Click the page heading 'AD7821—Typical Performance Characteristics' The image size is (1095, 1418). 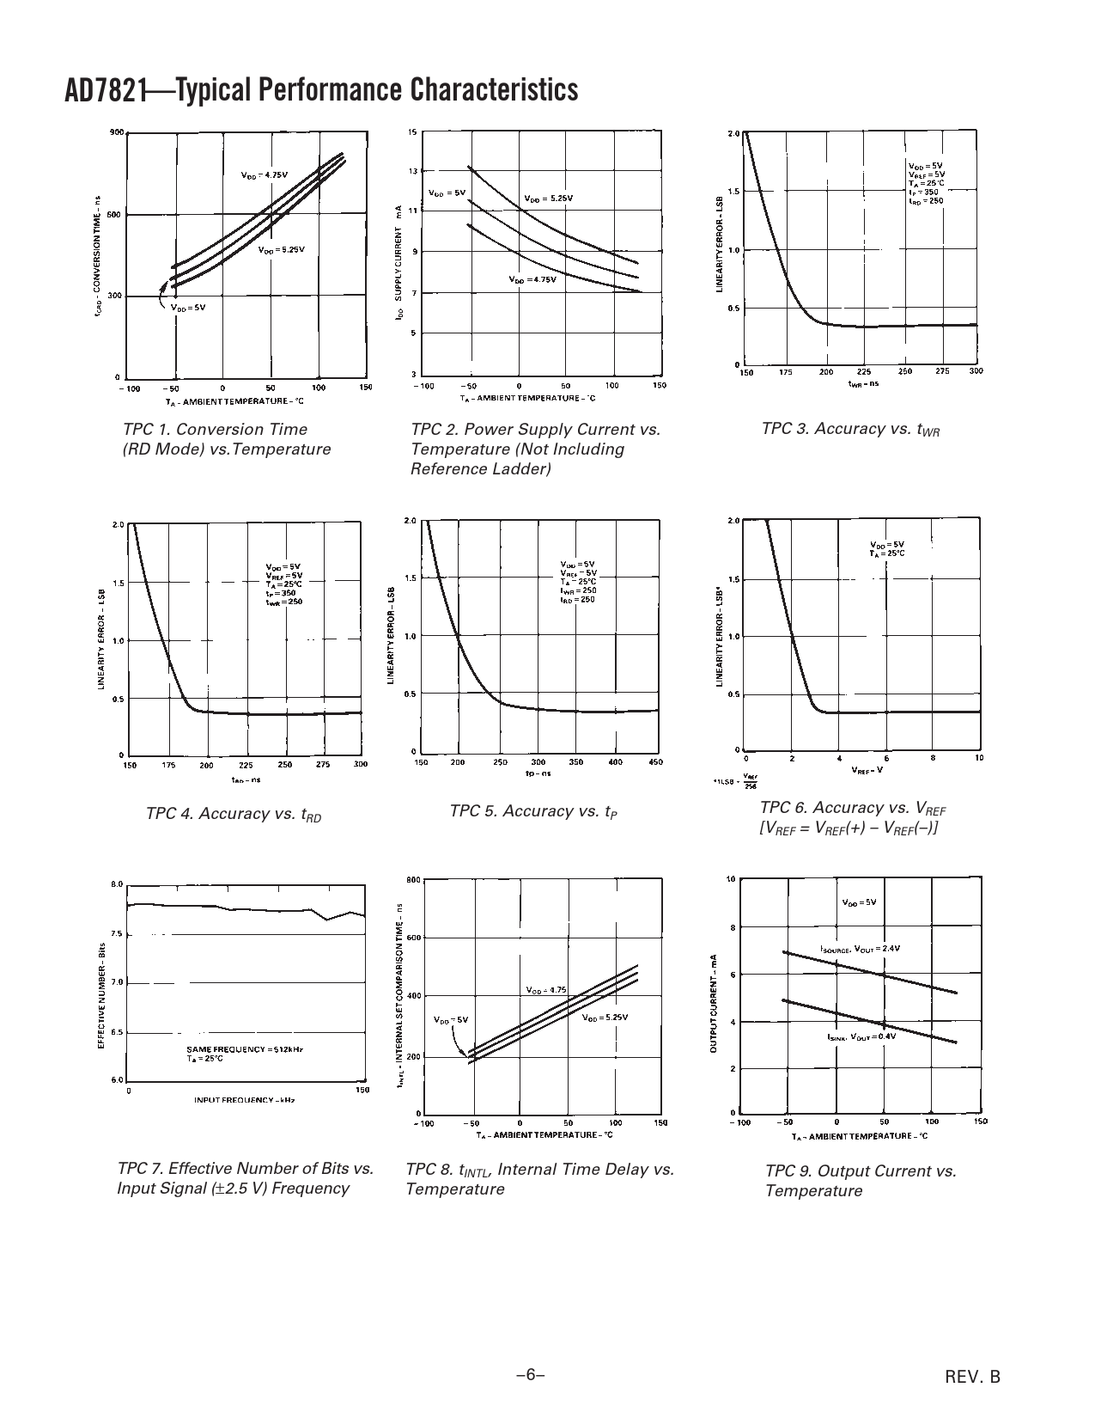[x=321, y=90]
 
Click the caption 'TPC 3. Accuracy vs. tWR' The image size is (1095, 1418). [x=849, y=429]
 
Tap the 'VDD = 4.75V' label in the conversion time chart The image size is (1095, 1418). [x=265, y=174]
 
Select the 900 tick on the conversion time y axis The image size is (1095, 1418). [x=117, y=132]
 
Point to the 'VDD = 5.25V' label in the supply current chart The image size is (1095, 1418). [x=548, y=199]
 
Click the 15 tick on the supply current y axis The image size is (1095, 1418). [x=412, y=132]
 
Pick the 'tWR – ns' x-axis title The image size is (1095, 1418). [x=863, y=383]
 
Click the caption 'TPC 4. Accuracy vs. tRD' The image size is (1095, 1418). [x=234, y=814]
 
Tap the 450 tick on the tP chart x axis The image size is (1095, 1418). [x=657, y=761]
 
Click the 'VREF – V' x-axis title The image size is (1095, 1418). [x=867, y=770]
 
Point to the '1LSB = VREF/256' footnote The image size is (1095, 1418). [x=736, y=782]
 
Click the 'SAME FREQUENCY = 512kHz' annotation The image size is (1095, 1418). [x=245, y=1049]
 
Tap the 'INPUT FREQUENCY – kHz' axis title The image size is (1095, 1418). [x=245, y=1100]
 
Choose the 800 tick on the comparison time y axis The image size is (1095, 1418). [x=412, y=880]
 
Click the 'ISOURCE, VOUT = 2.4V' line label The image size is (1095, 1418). [x=860, y=949]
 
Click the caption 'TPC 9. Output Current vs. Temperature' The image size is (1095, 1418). [x=861, y=1180]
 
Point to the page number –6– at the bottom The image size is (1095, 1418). [x=531, y=1375]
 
